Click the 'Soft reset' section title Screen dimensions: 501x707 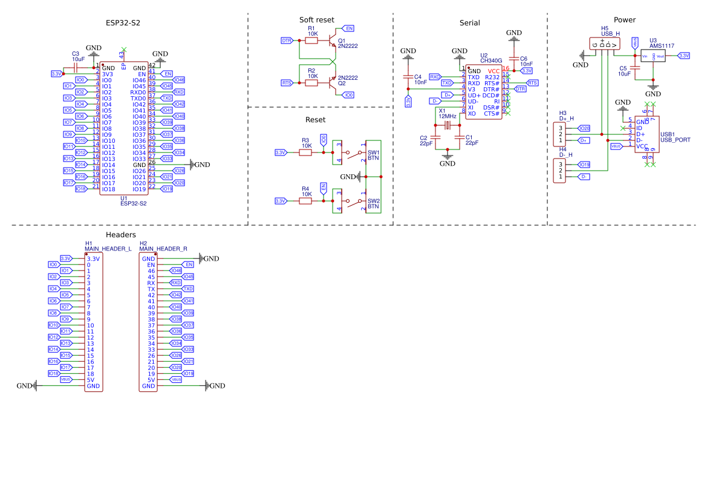[x=316, y=20]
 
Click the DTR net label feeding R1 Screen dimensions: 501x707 [x=287, y=40]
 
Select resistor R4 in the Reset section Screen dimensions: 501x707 [x=305, y=201]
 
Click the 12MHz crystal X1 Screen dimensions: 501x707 [x=448, y=125]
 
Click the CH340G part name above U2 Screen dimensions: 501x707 [x=491, y=61]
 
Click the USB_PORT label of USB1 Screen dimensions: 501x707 [x=675, y=140]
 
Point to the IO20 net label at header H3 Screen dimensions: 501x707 [x=584, y=128]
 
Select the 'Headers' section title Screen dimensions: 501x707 [x=120, y=234]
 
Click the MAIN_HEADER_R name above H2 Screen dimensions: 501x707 [x=163, y=249]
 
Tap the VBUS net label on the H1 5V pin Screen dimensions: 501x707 [x=66, y=379]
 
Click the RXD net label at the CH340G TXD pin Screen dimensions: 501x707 [x=435, y=77]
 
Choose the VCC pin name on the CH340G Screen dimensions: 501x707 [x=494, y=71]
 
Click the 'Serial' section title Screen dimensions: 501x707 [x=469, y=23]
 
